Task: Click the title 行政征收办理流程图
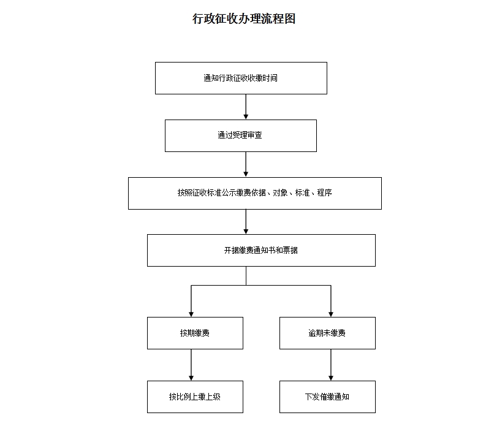click(x=244, y=18)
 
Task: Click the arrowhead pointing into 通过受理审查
click(x=246, y=117)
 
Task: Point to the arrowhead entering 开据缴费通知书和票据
click(x=246, y=232)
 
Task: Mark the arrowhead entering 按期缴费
click(x=191, y=314)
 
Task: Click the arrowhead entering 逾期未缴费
click(x=331, y=314)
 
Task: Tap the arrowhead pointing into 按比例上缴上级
click(x=191, y=378)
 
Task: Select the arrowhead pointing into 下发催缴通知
click(x=331, y=378)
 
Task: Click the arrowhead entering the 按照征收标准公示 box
click(x=246, y=175)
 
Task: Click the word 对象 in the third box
click(x=280, y=193)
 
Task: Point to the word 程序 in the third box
click(x=325, y=193)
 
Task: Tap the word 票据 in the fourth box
click(x=290, y=250)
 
